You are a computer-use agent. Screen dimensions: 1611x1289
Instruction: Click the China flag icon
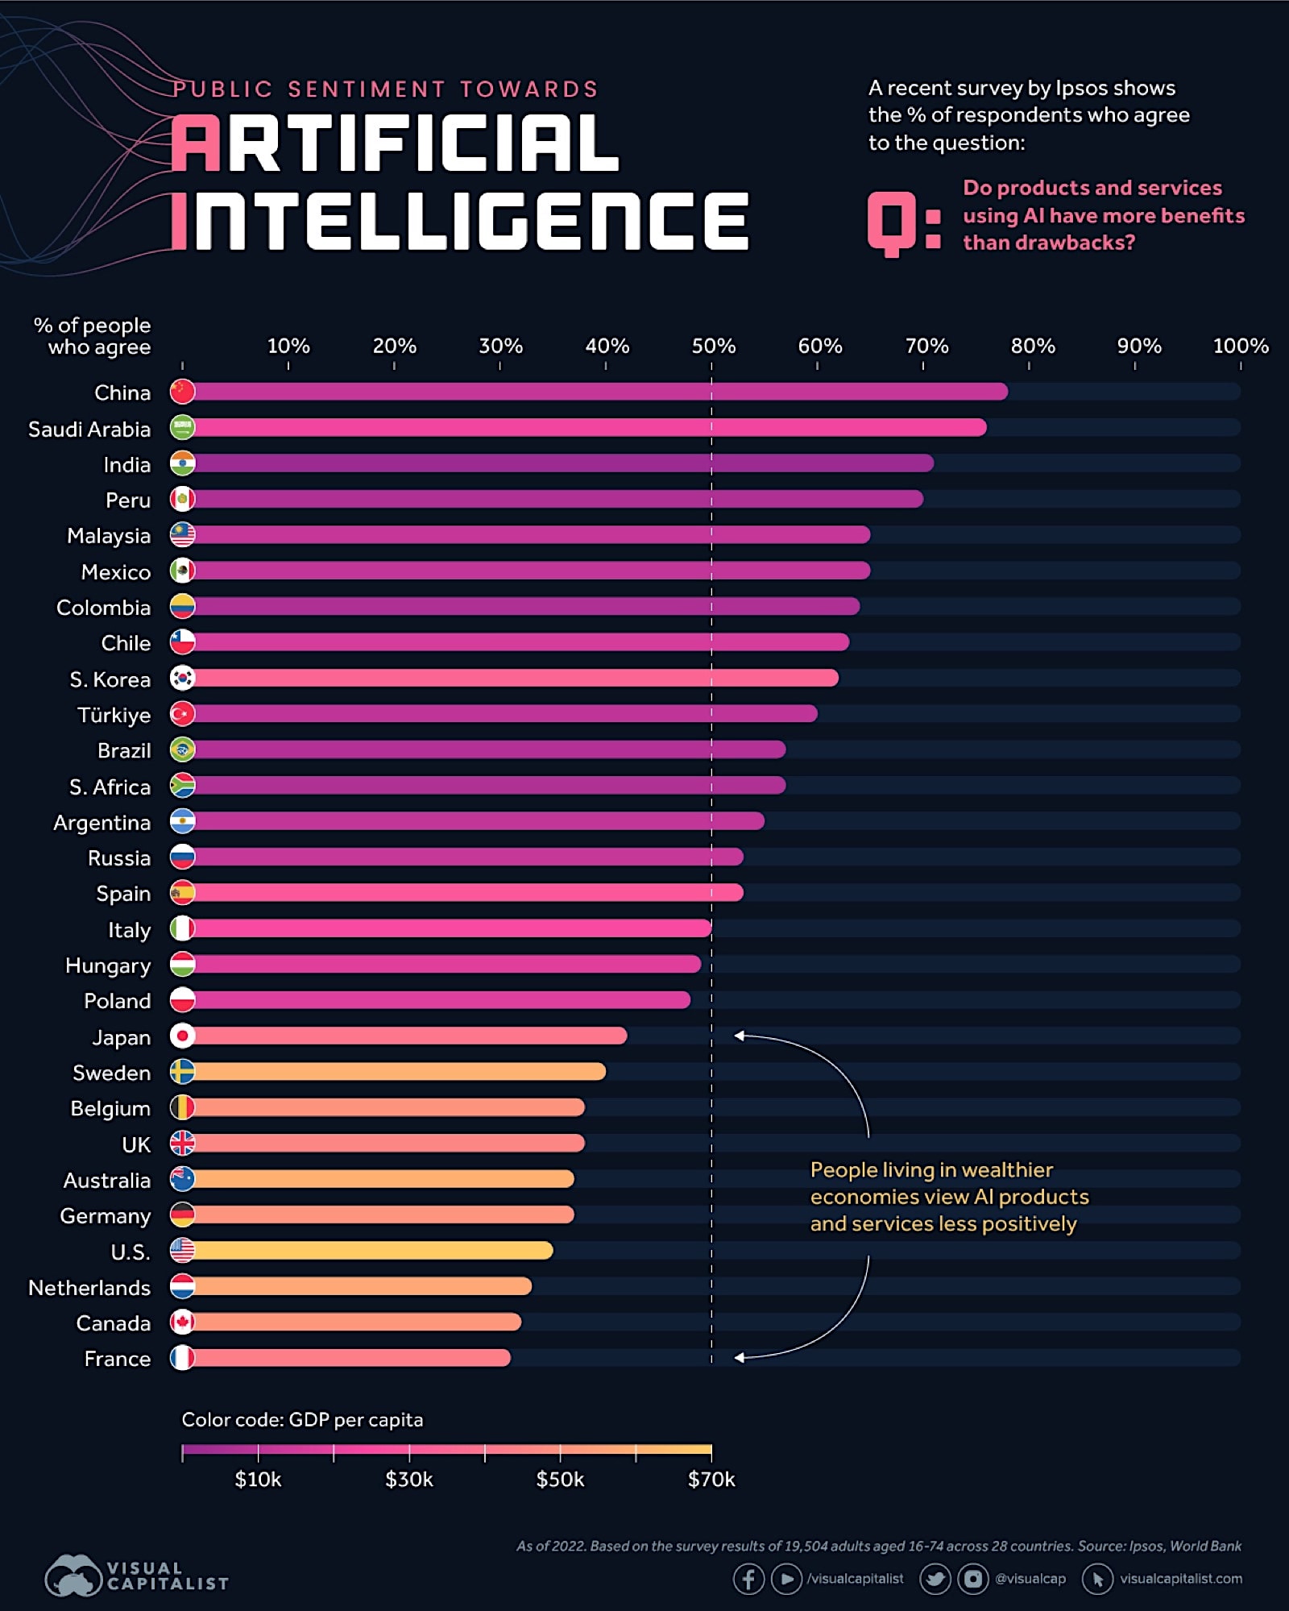(183, 392)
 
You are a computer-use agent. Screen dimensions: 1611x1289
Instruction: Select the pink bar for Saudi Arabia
(588, 427)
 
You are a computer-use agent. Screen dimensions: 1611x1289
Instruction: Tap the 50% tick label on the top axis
(713, 346)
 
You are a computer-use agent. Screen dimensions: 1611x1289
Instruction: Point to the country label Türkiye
(114, 715)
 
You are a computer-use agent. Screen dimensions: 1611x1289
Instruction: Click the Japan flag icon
(183, 1036)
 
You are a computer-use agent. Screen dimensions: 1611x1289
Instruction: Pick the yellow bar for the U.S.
(371, 1250)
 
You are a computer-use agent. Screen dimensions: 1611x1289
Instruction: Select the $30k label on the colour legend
(408, 1480)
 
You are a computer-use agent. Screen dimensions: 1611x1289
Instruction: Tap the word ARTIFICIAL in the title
(395, 143)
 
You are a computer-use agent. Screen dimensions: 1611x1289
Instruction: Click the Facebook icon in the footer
(748, 1579)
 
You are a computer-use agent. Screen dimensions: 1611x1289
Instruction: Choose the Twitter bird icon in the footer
(935, 1579)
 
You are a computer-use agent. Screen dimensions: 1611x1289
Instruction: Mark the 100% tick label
(1240, 346)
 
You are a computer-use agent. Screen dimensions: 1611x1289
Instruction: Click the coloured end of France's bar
(504, 1358)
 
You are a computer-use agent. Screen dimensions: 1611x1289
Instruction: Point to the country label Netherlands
(89, 1288)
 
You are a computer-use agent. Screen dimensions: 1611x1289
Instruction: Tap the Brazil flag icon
(183, 749)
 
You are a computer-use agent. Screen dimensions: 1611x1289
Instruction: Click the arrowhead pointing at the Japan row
(739, 1036)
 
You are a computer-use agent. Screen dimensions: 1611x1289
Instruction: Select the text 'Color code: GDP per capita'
(302, 1419)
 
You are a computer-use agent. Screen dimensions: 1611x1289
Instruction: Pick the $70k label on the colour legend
(711, 1480)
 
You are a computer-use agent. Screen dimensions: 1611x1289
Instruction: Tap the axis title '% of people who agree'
(93, 336)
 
